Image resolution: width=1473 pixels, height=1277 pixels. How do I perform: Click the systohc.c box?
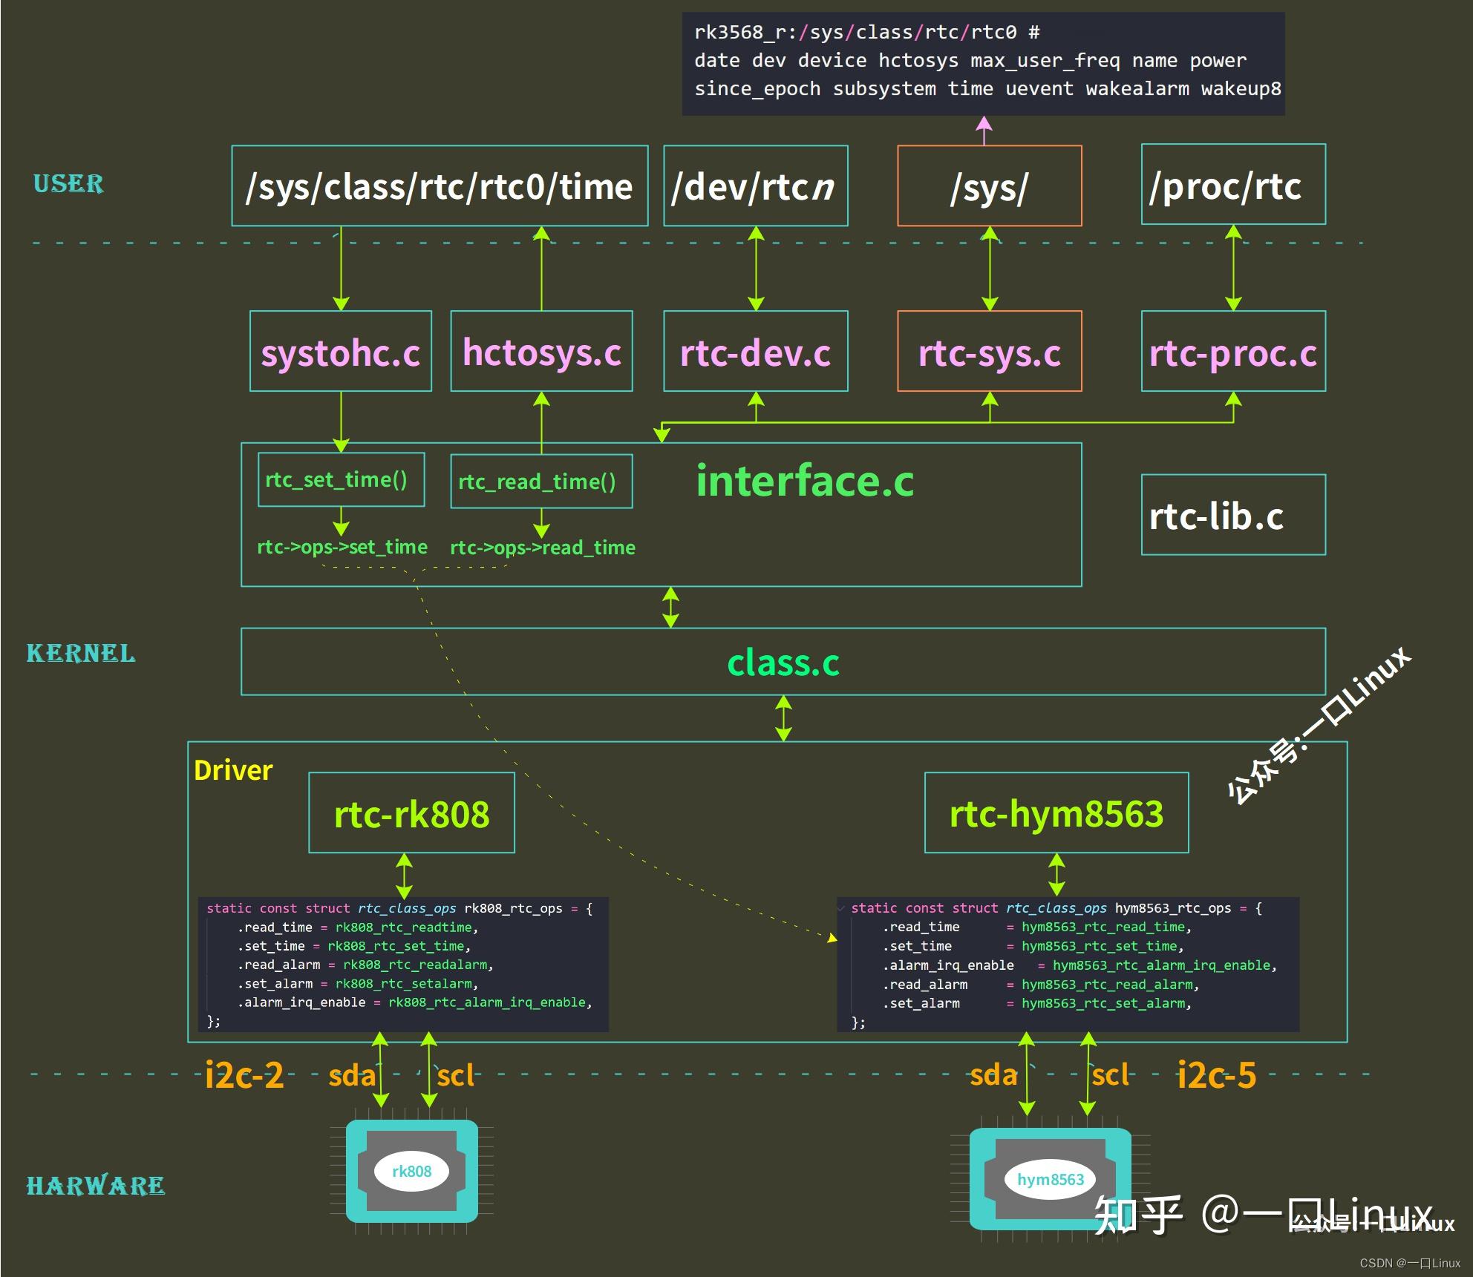pos(341,352)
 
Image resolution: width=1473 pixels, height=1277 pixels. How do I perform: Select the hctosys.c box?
pos(541,352)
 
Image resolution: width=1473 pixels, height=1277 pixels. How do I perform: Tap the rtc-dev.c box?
pos(755,352)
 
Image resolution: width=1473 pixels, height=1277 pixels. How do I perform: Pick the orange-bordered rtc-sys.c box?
pos(989,352)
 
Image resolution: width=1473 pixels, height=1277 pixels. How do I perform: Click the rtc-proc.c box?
pos(1232,352)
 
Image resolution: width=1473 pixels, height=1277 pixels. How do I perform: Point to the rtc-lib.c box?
pos(1232,515)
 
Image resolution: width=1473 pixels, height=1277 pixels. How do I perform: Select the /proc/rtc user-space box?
pos(1232,186)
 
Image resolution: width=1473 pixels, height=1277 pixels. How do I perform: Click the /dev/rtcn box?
pos(755,186)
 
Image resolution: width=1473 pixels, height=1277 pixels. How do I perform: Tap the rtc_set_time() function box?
pos(341,480)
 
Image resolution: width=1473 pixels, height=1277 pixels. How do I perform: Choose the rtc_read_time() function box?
pos(541,482)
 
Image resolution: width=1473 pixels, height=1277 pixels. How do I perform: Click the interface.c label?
pos(805,481)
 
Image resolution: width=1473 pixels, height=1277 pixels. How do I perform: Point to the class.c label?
pos(783,662)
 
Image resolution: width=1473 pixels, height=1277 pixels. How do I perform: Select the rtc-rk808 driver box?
pos(411,813)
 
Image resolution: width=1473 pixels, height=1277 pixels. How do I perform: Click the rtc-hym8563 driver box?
pos(1056,813)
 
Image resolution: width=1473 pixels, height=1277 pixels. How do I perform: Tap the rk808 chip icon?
pos(411,1171)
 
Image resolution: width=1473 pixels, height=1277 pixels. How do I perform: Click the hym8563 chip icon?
pos(1050,1179)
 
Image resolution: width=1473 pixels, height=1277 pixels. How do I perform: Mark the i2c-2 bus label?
pos(244,1075)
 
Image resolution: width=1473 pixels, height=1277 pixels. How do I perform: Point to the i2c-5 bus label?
pos(1216,1075)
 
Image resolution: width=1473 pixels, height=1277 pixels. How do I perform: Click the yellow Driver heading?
pos(233,770)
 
